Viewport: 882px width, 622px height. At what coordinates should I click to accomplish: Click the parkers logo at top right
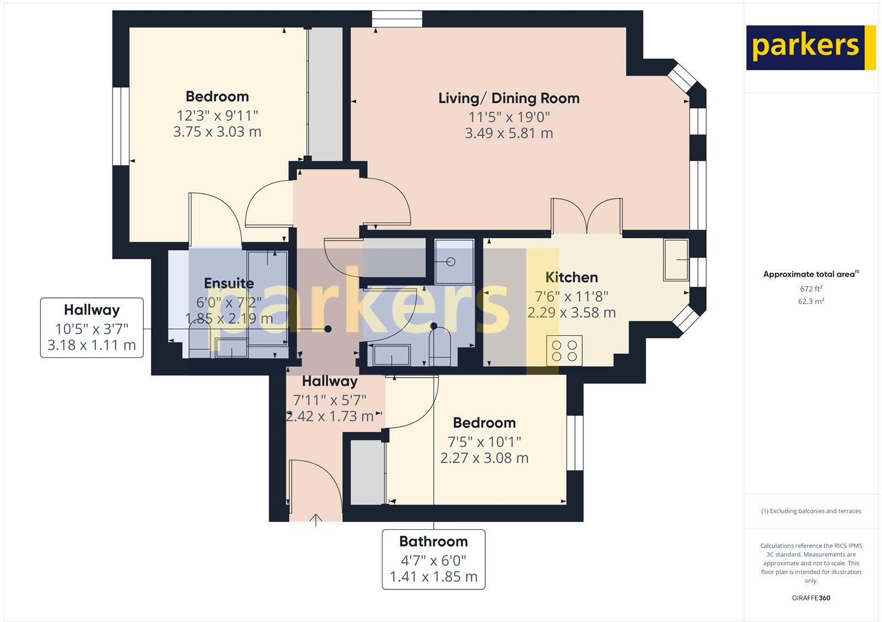pyautogui.click(x=810, y=47)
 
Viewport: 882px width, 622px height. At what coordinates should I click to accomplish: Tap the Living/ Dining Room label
pyautogui.click(x=509, y=99)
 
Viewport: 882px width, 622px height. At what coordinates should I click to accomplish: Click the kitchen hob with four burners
pyautogui.click(x=564, y=351)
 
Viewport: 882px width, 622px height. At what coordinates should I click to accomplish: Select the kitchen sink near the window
pyautogui.click(x=676, y=260)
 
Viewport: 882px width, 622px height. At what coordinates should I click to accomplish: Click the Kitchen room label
pyautogui.click(x=571, y=277)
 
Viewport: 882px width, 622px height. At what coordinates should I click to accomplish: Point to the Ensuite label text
pyautogui.click(x=229, y=283)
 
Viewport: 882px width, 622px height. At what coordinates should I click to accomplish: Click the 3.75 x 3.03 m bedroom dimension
pyautogui.click(x=217, y=132)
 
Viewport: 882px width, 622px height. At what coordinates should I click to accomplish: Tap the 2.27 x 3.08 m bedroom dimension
pyautogui.click(x=484, y=458)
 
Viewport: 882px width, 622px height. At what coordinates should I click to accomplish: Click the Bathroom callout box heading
pyautogui.click(x=433, y=541)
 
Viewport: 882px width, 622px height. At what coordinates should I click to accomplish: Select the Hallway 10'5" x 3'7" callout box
pyautogui.click(x=92, y=328)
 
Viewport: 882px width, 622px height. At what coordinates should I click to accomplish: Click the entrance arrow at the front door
pyautogui.click(x=316, y=519)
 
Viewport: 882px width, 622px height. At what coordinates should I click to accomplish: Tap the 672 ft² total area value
pyautogui.click(x=810, y=289)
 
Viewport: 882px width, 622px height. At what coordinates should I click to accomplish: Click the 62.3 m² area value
pyautogui.click(x=810, y=302)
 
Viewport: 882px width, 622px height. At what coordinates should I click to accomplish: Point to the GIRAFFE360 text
pyautogui.click(x=810, y=598)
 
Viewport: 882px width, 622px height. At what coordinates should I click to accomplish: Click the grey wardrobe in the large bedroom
pyautogui.click(x=325, y=94)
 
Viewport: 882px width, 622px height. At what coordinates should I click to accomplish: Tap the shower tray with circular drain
pyautogui.click(x=454, y=261)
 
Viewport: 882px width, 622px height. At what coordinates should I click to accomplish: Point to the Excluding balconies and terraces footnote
pyautogui.click(x=810, y=511)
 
